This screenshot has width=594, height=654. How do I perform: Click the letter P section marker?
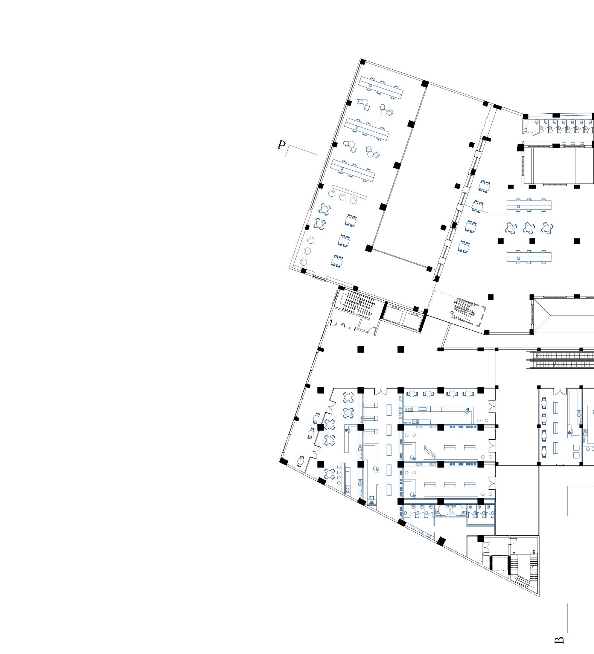point(281,145)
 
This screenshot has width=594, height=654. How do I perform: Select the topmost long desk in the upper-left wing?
point(381,87)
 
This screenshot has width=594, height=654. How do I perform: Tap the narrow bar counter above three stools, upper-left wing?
point(349,191)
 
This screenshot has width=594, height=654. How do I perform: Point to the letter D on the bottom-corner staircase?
point(514,553)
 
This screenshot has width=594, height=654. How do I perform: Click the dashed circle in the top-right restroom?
point(532,127)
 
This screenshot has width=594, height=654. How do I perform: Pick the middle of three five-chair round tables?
point(529,228)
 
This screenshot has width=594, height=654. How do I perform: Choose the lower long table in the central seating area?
point(529,257)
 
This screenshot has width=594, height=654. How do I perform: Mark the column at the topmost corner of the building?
point(363,62)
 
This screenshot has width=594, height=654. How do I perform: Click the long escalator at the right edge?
point(561,360)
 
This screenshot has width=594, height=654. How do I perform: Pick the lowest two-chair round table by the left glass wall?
point(300,461)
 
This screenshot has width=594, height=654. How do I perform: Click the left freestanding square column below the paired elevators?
point(360,349)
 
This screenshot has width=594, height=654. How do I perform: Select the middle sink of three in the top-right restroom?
point(573,144)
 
